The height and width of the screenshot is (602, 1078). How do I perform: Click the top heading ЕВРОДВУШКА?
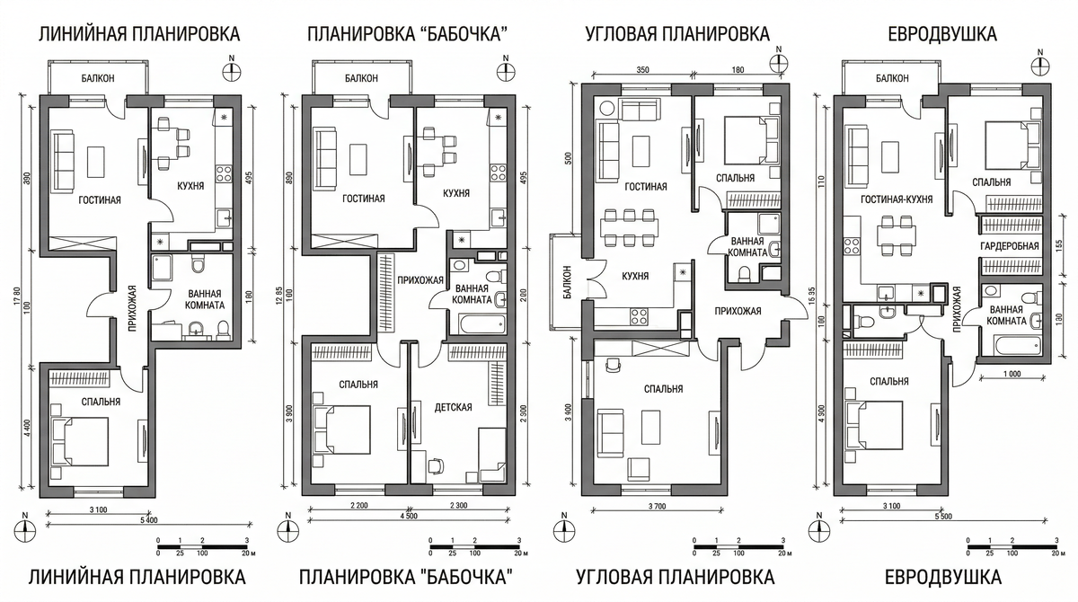click(x=942, y=34)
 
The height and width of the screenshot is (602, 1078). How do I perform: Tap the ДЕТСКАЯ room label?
click(x=453, y=408)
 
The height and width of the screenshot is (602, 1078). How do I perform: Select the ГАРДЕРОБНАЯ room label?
click(x=1010, y=246)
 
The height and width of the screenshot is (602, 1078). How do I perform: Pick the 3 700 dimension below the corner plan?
click(x=658, y=506)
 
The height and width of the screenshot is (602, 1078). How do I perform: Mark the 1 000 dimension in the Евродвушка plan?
click(x=1012, y=374)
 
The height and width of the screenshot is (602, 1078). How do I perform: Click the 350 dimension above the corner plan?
click(x=642, y=70)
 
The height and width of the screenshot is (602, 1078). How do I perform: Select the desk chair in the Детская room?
click(x=436, y=465)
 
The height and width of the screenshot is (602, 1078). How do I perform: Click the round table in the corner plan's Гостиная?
click(x=605, y=107)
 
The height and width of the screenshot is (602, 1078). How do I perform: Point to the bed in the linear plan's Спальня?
click(x=80, y=442)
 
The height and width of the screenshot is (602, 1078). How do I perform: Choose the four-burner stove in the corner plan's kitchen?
click(x=639, y=316)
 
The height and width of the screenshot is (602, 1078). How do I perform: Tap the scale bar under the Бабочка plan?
click(x=474, y=547)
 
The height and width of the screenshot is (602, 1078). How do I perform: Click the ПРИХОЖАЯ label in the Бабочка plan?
click(x=420, y=280)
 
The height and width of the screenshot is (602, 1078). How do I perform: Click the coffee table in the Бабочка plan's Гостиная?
click(x=358, y=159)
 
